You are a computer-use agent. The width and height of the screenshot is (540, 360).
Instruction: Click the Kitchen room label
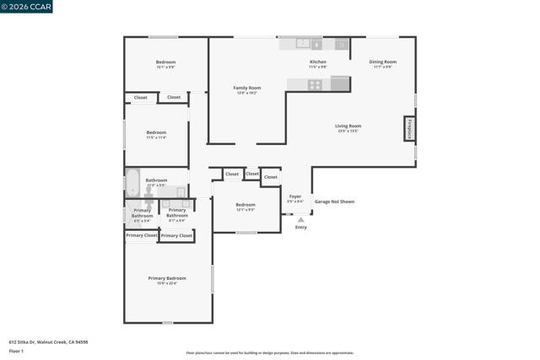coord(317,62)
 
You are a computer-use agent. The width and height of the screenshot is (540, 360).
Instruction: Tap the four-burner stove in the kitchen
coord(315,84)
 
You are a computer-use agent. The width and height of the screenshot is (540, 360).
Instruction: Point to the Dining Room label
coord(383,62)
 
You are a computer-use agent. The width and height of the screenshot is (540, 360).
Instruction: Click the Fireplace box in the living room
coord(409,128)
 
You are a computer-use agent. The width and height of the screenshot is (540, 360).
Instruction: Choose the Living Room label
coord(348,126)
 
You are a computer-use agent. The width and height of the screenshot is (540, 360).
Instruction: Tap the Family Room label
coord(246,89)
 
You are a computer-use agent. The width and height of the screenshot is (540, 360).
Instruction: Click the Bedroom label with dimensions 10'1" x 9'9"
coord(165,62)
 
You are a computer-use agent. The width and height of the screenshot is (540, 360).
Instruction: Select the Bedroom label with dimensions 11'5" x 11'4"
coord(156,133)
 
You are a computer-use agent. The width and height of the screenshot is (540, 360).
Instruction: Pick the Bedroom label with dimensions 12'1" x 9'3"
coord(246,206)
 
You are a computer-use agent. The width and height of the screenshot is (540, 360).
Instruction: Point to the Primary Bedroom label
coord(167,278)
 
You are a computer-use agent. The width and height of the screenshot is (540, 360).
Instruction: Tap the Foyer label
coord(295,197)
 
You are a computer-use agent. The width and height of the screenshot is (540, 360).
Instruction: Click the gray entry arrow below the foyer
coord(300,219)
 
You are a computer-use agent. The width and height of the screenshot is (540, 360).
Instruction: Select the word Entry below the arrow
coord(300,228)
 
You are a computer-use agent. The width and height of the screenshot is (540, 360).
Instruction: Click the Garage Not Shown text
coord(334,202)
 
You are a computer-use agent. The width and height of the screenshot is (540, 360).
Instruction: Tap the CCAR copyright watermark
coord(27,7)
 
